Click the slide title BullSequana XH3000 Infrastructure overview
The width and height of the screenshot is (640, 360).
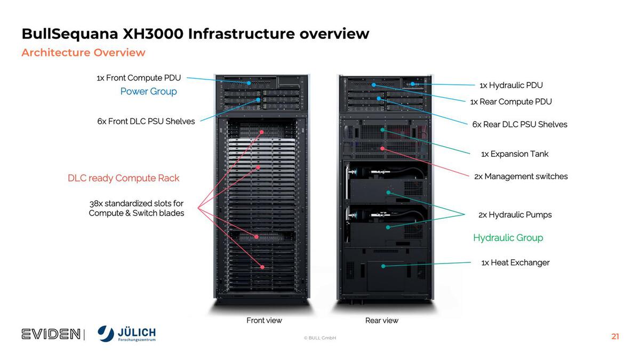(195, 34)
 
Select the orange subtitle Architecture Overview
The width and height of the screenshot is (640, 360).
(83, 52)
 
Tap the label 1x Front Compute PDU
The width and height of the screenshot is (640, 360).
(139, 78)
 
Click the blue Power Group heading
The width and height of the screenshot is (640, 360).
(148, 91)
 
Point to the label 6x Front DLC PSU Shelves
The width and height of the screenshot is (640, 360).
(146, 121)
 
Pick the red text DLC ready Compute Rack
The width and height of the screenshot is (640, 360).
(123, 178)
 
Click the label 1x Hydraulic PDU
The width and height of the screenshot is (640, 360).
(511, 85)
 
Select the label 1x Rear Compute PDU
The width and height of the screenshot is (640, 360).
(511, 101)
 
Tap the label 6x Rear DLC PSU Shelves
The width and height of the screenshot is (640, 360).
(519, 124)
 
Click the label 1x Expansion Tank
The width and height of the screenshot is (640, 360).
(515, 154)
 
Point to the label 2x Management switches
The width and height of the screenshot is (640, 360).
(521, 176)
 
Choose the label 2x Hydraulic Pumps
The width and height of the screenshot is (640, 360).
(515, 214)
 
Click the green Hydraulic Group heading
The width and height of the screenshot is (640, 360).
(508, 238)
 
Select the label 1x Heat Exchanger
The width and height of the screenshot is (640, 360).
(515, 262)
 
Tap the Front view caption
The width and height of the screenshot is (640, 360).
(264, 321)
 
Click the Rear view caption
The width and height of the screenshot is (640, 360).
(382, 321)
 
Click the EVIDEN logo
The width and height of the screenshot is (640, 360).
(51, 334)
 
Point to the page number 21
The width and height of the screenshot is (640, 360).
(615, 337)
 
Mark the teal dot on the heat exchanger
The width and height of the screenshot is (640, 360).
(383, 265)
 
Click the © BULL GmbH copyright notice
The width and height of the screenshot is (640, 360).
(320, 338)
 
